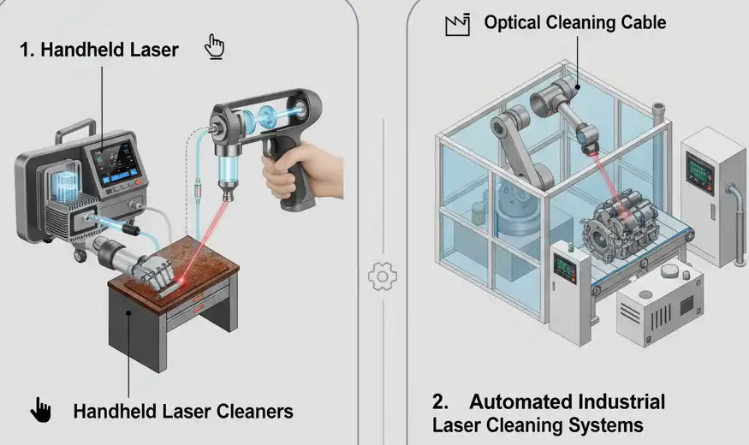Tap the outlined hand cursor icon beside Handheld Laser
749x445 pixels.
click(x=214, y=46)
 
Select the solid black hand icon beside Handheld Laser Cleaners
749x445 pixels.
click(x=40, y=410)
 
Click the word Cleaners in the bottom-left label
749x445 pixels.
click(x=253, y=412)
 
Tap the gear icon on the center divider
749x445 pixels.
click(x=382, y=276)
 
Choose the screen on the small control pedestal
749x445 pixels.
click(x=565, y=265)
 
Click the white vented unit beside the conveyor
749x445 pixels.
click(x=660, y=308)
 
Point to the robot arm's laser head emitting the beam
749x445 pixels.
click(x=588, y=139)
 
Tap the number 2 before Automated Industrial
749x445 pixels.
click(x=439, y=401)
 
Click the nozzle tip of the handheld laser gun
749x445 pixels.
click(x=227, y=196)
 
